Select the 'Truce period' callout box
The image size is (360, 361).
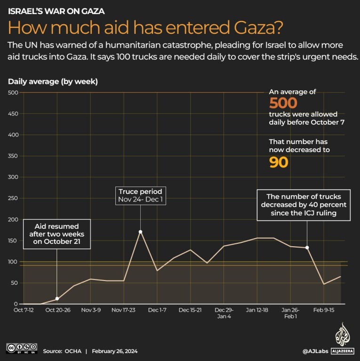[140, 196]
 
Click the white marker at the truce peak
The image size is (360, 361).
[140, 232]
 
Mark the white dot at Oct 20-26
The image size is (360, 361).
[57, 299]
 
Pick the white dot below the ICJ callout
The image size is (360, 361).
[307, 248]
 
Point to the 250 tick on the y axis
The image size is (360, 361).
[13, 198]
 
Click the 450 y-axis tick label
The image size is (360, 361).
[13, 114]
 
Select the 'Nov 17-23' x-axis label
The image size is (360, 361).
[124, 310]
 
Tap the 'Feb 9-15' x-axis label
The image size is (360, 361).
[324, 310]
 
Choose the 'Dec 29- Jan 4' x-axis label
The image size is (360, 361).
[224, 313]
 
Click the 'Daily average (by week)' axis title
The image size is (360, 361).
[53, 81]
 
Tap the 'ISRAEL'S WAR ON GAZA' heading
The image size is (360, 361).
[56, 10]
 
